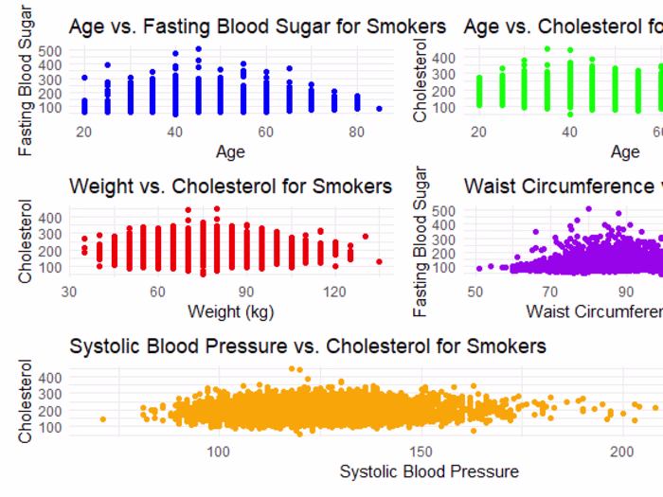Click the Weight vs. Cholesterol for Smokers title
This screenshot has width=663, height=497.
point(230,186)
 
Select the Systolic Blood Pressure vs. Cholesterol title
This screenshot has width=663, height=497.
point(308,346)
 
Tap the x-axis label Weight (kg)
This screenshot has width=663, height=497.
point(230,311)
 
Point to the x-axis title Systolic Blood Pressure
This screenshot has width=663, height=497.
point(429,471)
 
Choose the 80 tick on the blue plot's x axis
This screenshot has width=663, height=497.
point(357,133)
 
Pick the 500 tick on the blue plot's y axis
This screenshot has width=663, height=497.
point(52,50)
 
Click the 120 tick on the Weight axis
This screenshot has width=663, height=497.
point(334,293)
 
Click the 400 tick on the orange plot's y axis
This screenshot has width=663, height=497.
point(52,378)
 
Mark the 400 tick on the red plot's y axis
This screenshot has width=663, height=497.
point(52,218)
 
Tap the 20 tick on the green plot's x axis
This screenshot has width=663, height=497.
point(479,133)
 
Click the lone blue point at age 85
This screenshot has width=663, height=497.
point(380,109)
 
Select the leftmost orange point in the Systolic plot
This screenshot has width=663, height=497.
point(102,419)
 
